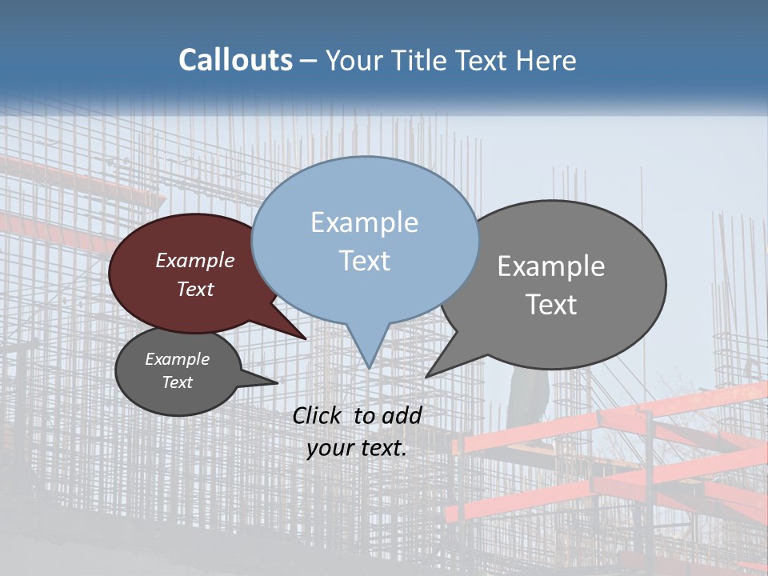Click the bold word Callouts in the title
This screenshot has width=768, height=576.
click(x=235, y=60)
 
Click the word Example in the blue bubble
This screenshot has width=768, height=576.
click(x=364, y=222)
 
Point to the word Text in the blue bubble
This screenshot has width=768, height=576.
click(x=364, y=261)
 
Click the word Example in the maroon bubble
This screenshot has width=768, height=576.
click(x=195, y=260)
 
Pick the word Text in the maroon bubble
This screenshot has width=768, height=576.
click(x=195, y=289)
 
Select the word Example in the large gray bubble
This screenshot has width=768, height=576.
click(x=551, y=266)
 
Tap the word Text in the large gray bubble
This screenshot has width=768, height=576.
click(x=551, y=305)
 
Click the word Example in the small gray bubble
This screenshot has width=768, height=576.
click(x=177, y=359)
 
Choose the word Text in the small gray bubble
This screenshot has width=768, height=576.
click(x=177, y=382)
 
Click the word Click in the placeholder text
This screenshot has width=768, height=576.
click(x=317, y=415)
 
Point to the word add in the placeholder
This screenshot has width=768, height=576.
click(x=402, y=415)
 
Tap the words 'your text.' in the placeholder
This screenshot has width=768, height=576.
click(x=357, y=448)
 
